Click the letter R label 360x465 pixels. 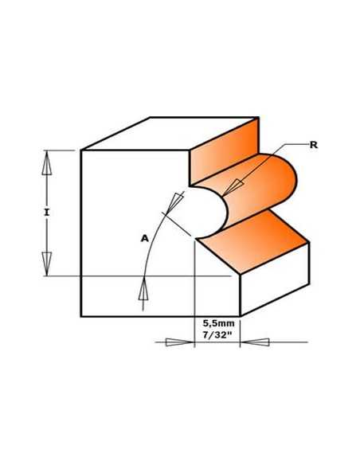314,145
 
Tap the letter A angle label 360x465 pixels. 144,238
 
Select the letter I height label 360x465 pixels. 46,213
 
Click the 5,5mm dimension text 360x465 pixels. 218,323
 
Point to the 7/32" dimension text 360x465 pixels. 217,335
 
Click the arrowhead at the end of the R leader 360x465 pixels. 233,187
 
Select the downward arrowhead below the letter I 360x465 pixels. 46,264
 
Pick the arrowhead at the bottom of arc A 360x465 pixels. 143,290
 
